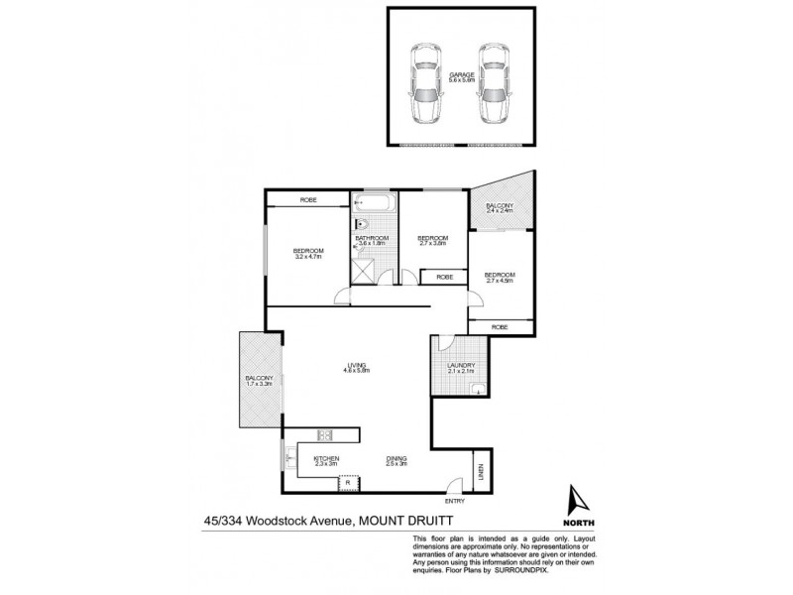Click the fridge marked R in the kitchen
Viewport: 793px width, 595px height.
348,483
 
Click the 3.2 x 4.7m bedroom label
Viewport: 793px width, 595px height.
308,253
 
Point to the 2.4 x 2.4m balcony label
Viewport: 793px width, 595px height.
499,208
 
